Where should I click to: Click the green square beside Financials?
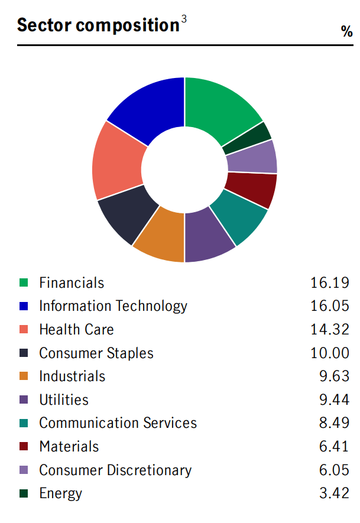click(x=24, y=283)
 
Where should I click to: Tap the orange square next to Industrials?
click(x=24, y=376)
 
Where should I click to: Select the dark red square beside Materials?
click(x=24, y=447)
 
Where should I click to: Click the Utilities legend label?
click(x=64, y=400)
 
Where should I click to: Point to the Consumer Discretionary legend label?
click(x=115, y=470)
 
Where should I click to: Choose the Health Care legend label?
click(x=76, y=330)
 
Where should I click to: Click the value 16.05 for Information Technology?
click(x=330, y=306)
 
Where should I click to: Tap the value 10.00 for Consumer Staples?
click(x=330, y=353)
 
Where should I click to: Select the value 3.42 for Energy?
click(x=334, y=493)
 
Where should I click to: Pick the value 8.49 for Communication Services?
click(x=334, y=423)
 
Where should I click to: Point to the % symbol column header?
click(x=347, y=32)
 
